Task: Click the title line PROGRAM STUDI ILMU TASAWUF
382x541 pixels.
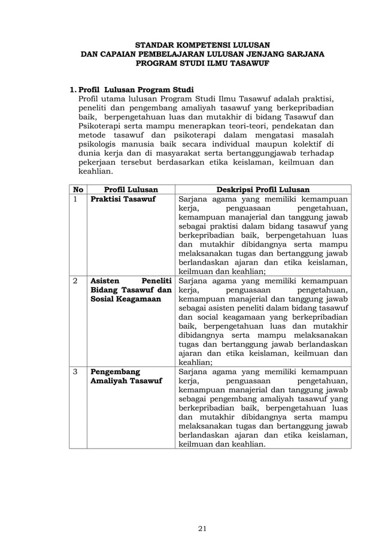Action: (x=202, y=62)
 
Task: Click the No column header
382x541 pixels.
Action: (x=77, y=189)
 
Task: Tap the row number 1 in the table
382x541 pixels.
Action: (x=75, y=199)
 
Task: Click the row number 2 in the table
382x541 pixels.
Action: (x=75, y=281)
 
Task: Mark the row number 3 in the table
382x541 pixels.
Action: (x=75, y=372)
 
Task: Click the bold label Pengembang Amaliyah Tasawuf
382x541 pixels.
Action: (x=126, y=377)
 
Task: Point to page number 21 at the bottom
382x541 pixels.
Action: (x=202, y=511)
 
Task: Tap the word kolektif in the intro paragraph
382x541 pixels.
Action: (x=309, y=144)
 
